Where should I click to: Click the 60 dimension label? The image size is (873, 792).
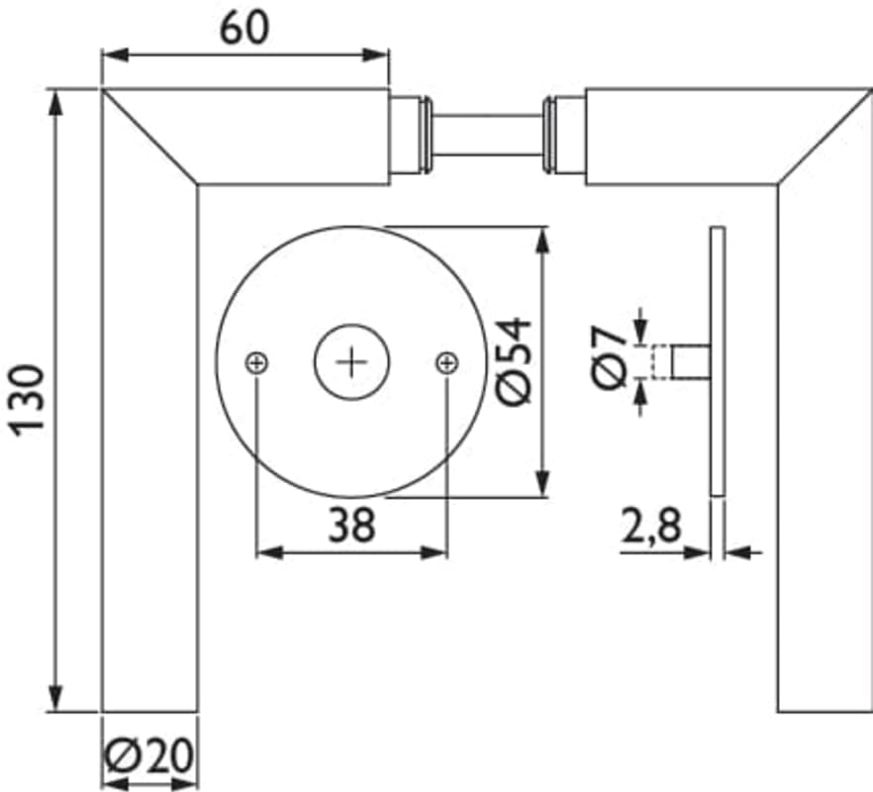pyautogui.click(x=243, y=29)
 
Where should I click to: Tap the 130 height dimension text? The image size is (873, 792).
pyautogui.click(x=28, y=400)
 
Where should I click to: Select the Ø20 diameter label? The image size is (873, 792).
pyautogui.click(x=149, y=755)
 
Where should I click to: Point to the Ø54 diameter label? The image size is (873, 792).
pyautogui.click(x=515, y=361)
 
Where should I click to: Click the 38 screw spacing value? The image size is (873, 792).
pyautogui.click(x=352, y=525)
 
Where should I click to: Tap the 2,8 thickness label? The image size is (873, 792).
pyautogui.click(x=651, y=526)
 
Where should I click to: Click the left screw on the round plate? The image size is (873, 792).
pyautogui.click(x=256, y=363)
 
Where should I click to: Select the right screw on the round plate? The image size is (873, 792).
pyautogui.click(x=447, y=363)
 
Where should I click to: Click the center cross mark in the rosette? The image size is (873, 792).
pyautogui.click(x=352, y=362)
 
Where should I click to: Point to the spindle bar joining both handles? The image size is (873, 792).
pyautogui.click(x=487, y=135)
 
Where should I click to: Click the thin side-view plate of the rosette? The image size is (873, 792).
pyautogui.click(x=718, y=361)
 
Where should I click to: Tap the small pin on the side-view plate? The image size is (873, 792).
pyautogui.click(x=691, y=362)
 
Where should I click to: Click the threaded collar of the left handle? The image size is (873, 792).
pyautogui.click(x=411, y=135)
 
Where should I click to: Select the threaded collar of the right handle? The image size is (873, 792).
pyautogui.click(x=563, y=135)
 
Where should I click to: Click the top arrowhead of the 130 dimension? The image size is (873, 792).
pyautogui.click(x=55, y=103)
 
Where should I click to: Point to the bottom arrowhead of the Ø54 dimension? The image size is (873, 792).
pyautogui.click(x=542, y=483)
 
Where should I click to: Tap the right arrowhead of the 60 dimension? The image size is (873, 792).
pyautogui.click(x=375, y=54)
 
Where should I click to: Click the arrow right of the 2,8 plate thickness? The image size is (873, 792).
pyautogui.click(x=743, y=553)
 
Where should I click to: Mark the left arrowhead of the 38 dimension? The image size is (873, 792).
pyautogui.click(x=269, y=553)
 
